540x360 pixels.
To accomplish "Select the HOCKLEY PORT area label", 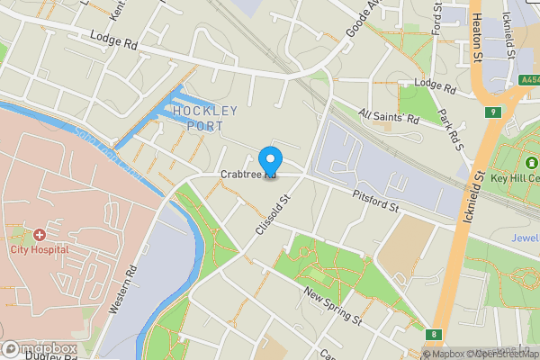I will (x=203, y=118).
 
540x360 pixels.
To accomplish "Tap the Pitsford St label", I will (x=375, y=202).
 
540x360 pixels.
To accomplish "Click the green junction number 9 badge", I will (x=493, y=112).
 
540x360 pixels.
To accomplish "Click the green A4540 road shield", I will (x=530, y=80).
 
